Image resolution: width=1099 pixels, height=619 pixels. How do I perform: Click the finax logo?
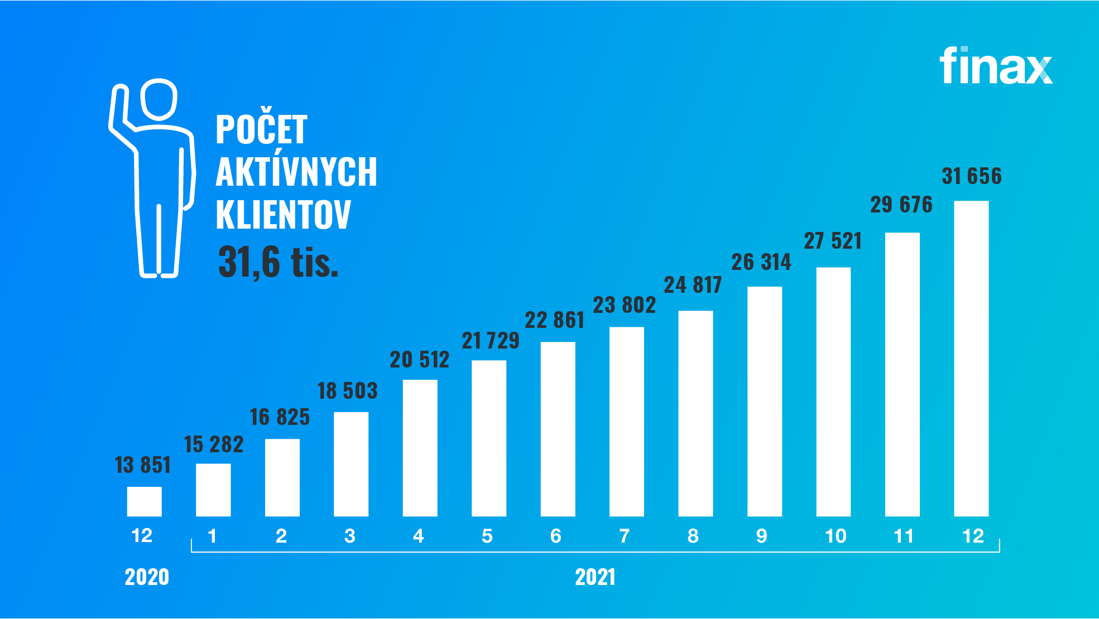996,66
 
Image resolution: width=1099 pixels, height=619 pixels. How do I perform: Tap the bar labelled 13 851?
144,501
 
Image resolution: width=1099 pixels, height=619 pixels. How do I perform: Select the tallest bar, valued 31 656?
971,358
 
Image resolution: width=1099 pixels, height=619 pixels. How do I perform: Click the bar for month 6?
558,429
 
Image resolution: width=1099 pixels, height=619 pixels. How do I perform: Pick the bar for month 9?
764,401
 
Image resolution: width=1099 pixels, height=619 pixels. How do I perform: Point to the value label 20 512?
419,360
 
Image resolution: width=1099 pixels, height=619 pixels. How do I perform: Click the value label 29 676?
901,205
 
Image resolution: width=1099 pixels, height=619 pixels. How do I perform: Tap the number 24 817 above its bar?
693,285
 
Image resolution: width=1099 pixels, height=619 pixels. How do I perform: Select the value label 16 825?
280,417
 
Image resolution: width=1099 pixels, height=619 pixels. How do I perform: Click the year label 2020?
147,577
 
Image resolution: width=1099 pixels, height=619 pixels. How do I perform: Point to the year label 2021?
595,577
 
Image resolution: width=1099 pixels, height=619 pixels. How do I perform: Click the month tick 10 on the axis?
836,536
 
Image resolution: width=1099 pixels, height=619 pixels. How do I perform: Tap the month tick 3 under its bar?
350,536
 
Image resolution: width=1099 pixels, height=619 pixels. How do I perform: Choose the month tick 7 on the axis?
625,536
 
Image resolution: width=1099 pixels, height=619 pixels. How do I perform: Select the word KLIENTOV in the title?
283,215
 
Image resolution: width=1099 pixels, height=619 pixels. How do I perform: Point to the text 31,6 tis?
278,262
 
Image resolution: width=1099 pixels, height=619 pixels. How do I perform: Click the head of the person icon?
159,99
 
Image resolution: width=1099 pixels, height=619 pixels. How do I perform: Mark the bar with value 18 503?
351,464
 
